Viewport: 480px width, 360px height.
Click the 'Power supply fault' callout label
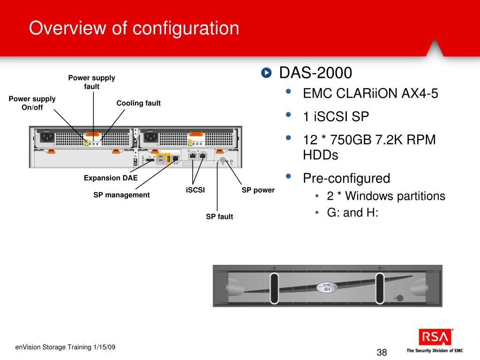[92, 82]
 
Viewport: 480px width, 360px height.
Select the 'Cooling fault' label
[138, 103]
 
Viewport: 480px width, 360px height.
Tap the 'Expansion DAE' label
[111, 178]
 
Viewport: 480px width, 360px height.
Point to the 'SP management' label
[121, 195]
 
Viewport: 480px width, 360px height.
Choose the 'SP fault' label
[219, 217]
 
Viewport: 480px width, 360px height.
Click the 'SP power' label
[258, 190]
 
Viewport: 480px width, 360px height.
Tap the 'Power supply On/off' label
[32, 103]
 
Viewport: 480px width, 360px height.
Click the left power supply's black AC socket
[47, 137]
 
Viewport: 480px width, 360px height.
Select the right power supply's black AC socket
[150, 137]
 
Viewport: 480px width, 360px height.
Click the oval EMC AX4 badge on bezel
[327, 287]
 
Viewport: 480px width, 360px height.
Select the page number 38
[382, 352]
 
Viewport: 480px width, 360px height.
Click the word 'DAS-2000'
[315, 73]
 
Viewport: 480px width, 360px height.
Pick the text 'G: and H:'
[352, 213]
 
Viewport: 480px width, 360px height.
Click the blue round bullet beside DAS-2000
[266, 73]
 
